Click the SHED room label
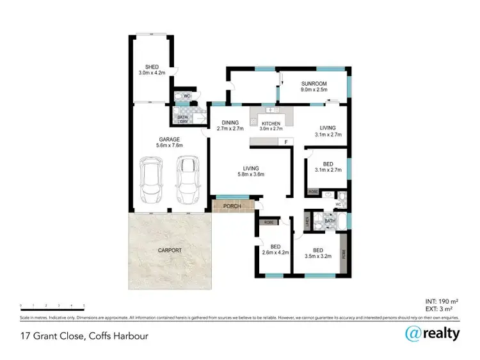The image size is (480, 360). point(152,67)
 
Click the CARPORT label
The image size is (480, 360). point(170,250)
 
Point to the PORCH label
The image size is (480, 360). point(231,206)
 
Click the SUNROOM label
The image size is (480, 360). point(314,83)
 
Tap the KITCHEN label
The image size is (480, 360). point(271,123)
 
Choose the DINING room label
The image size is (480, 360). point(230,123)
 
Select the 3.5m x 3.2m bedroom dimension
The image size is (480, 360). point(318,256)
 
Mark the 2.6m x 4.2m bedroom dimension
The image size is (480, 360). point(275,252)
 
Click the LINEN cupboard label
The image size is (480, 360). point(307,222)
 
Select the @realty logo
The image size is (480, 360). point(432,334)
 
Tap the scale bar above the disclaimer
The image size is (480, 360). point(52,307)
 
